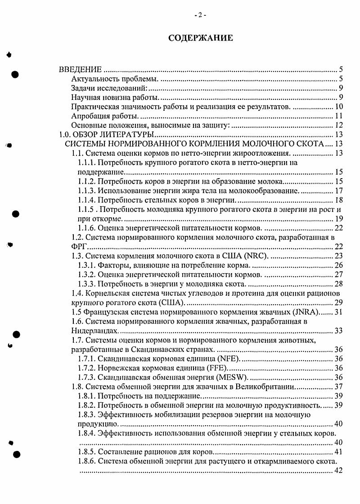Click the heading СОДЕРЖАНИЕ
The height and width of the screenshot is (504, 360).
pyautogui.click(x=200, y=38)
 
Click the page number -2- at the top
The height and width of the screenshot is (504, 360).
pyautogui.click(x=200, y=15)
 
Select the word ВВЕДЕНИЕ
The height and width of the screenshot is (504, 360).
pyautogui.click(x=81, y=70)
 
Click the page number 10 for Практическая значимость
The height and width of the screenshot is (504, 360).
pyautogui.click(x=339, y=107)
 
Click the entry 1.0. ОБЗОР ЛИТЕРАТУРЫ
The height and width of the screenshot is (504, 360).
pyautogui.click(x=107, y=135)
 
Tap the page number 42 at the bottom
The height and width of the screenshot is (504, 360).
pyautogui.click(x=339, y=471)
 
